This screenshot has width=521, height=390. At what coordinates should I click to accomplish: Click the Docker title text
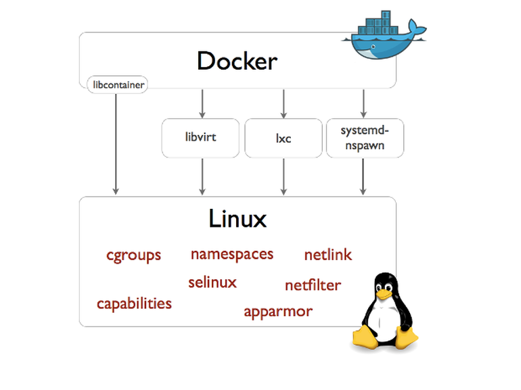coord(237,62)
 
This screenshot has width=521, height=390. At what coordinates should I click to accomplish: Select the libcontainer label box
coord(117,85)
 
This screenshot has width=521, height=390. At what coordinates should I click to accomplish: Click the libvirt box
coord(201,138)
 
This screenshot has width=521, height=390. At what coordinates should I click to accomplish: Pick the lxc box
coord(283,138)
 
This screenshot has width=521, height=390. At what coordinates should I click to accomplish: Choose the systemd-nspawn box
coord(364,138)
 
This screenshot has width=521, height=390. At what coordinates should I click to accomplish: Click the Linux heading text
coord(237,218)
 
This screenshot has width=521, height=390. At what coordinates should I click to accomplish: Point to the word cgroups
coord(134,255)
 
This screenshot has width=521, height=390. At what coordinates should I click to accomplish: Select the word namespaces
coord(232,254)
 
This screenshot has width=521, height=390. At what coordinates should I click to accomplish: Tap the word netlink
coord(327,255)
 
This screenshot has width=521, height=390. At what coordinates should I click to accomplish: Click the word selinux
coord(212,283)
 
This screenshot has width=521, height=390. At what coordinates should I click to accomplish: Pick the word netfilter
coord(313,285)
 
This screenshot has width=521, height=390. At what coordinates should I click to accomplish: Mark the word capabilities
coord(134,303)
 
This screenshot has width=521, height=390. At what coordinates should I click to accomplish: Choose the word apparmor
coord(278,312)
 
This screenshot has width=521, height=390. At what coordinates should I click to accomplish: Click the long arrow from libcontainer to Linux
coord(117,142)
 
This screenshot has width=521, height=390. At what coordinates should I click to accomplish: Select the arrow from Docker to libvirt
coord(202,103)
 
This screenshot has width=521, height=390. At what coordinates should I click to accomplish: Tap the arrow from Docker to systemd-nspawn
coord(364,103)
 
